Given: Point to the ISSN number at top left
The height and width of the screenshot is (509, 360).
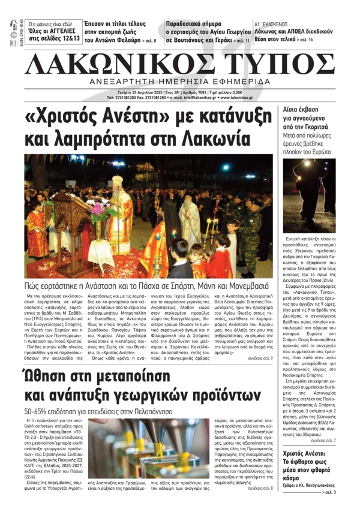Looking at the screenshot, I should pos(14,34).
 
